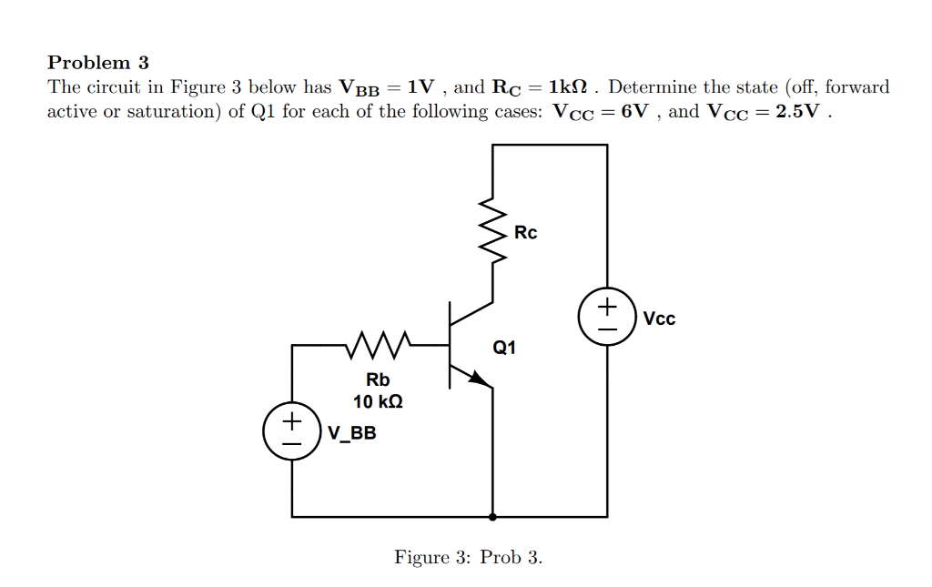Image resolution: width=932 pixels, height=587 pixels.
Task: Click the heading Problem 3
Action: (97, 63)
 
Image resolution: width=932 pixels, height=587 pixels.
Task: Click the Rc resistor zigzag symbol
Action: (493, 232)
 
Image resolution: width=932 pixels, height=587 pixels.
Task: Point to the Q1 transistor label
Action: (504, 347)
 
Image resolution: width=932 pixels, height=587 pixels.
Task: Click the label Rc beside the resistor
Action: (525, 233)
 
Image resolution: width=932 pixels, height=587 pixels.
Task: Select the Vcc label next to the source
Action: (659, 319)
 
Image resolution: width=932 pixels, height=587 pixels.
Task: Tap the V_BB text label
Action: (351, 433)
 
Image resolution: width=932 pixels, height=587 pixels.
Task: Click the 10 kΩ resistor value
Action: (378, 400)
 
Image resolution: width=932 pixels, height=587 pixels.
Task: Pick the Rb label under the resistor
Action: (378, 380)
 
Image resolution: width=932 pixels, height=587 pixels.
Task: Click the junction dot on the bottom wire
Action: (493, 517)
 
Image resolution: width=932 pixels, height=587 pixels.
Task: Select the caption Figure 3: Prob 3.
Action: (468, 557)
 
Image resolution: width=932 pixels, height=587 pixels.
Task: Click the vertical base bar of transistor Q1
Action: (450, 346)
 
